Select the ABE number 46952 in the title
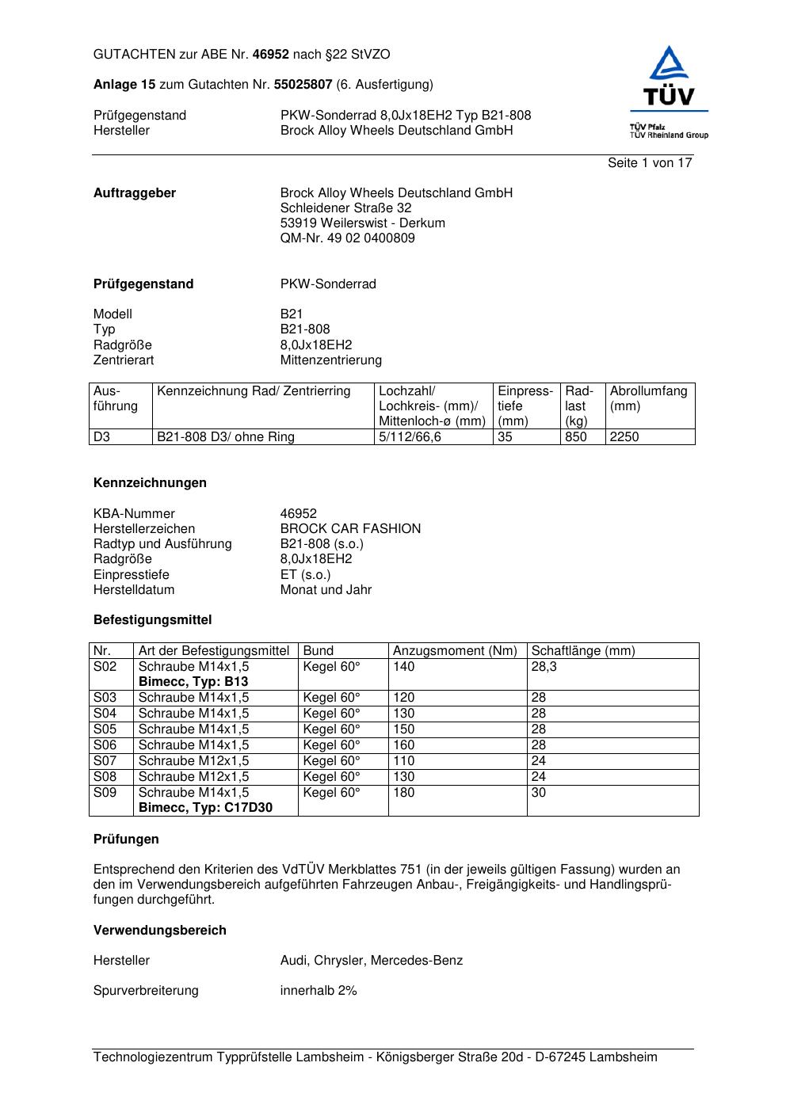pos(270,55)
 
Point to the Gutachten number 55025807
pos(303,84)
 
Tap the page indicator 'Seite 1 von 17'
pos(650,163)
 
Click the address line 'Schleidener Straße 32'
pos(345,208)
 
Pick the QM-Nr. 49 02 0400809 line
pos(347,238)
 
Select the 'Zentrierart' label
pos(124,360)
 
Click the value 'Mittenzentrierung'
pos(330,360)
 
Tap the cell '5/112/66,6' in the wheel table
pos(410,437)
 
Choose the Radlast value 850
pos(575,437)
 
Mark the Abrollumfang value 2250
pos(624,437)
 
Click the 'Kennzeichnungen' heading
pos(150,483)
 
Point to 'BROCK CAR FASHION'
pos(350,529)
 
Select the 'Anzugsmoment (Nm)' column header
pos(455,651)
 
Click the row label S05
pos(105,729)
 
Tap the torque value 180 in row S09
pos(403,793)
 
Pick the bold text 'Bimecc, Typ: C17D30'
pos(205,808)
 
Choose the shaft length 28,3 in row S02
pos(544,667)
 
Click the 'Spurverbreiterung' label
pos(146,991)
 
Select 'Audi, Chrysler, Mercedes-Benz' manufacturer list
pos(371,961)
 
